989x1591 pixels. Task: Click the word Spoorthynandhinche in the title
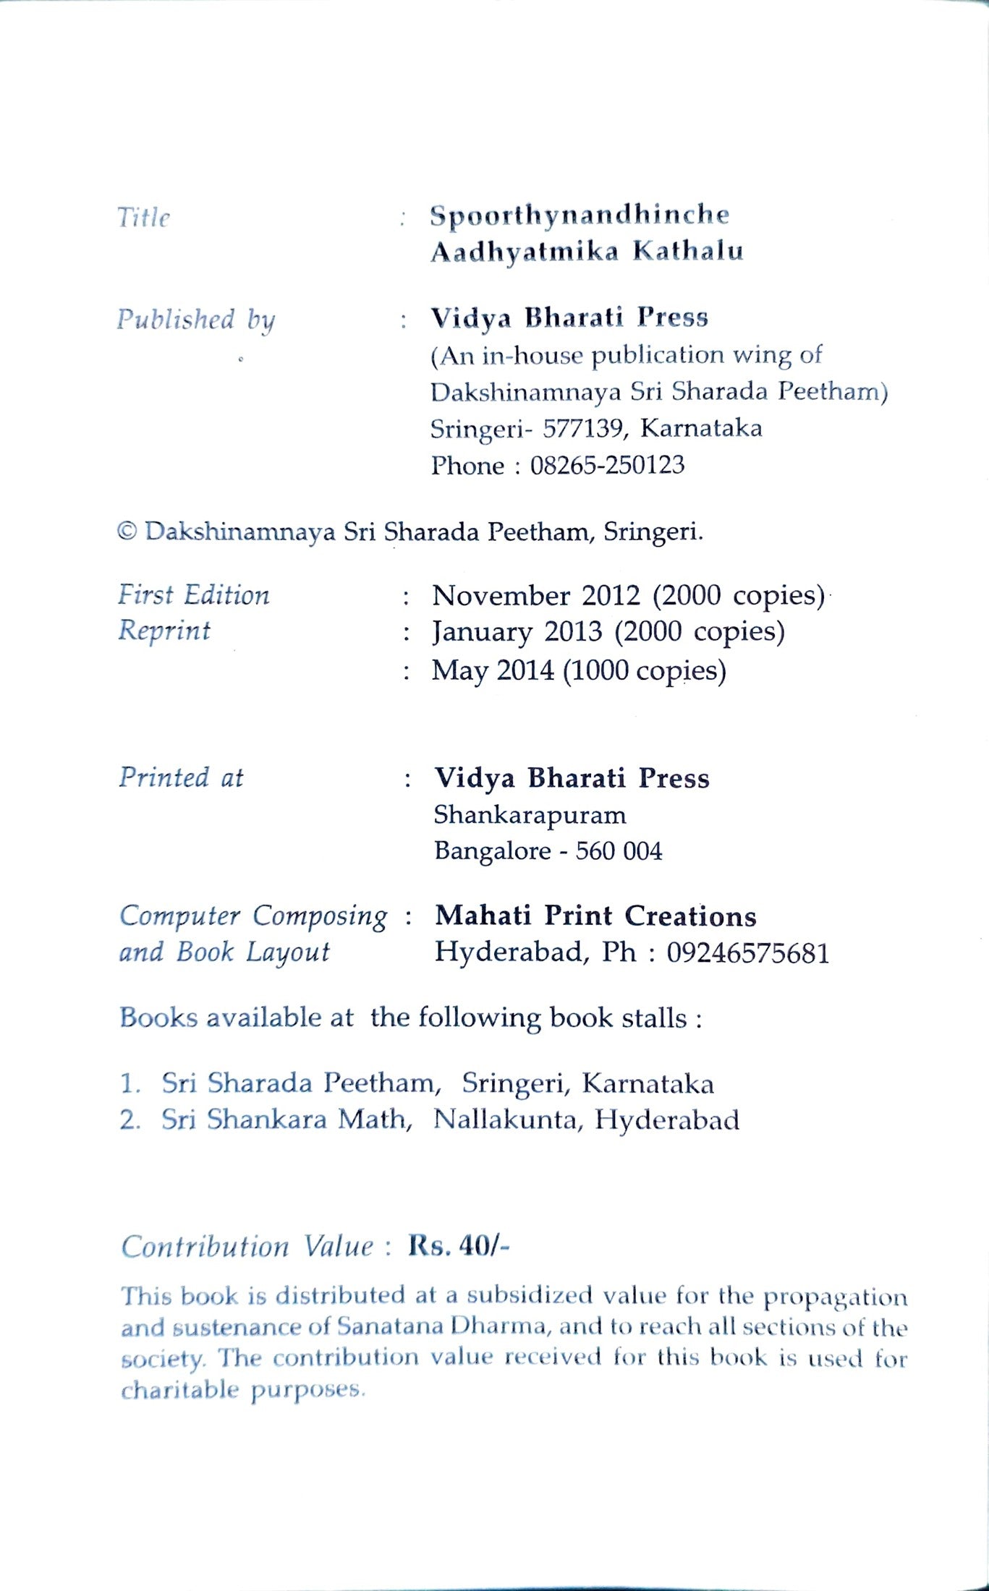click(x=580, y=215)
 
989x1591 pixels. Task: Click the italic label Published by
click(x=196, y=320)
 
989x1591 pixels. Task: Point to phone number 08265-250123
click(x=607, y=465)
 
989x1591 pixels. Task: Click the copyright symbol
click(x=127, y=532)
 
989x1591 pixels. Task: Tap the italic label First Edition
click(x=194, y=595)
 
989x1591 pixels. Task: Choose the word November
click(x=501, y=595)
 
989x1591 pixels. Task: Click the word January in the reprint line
click(x=481, y=632)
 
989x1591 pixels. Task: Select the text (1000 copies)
click(x=645, y=670)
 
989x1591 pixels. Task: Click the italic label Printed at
click(x=181, y=777)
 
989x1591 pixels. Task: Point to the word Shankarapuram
click(x=530, y=815)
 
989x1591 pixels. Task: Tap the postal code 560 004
click(x=619, y=851)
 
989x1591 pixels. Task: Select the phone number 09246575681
click(x=747, y=953)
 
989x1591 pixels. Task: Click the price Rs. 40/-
click(x=459, y=1246)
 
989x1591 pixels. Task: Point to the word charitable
click(x=179, y=1389)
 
